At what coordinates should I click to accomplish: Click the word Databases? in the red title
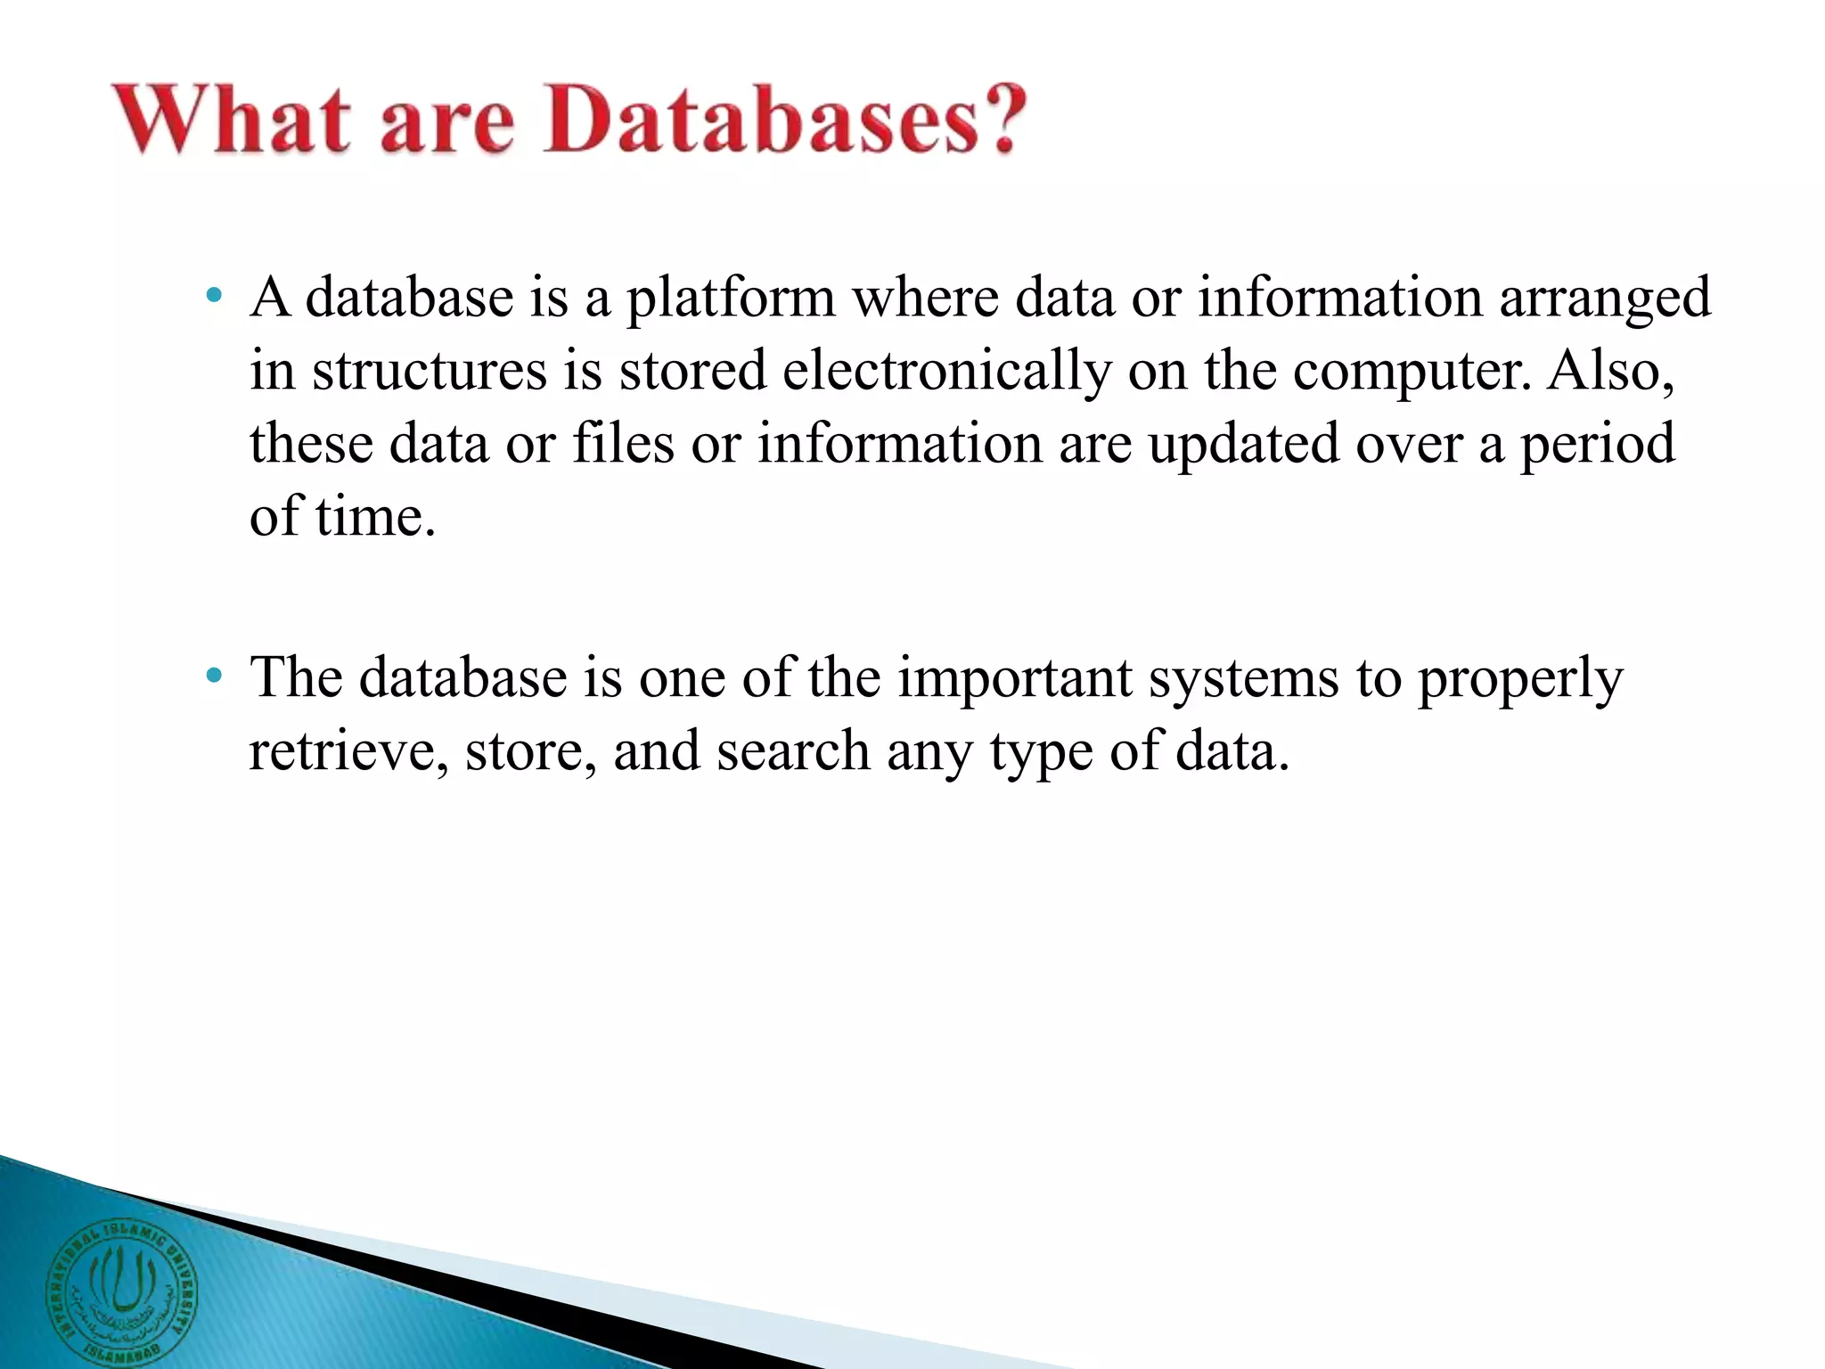click(784, 120)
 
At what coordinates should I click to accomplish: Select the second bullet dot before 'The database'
click(212, 676)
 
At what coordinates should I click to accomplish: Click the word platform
click(731, 299)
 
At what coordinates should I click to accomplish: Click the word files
click(623, 443)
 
